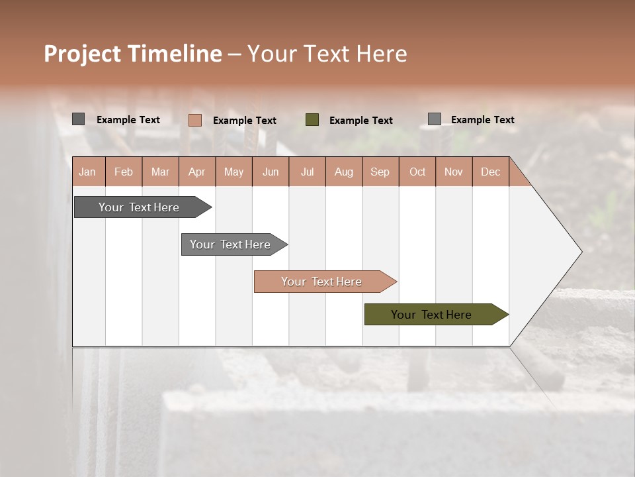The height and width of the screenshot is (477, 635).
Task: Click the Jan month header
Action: tap(87, 172)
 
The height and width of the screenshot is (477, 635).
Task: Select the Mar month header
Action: tap(160, 172)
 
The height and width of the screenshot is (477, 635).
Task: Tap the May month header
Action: tap(233, 172)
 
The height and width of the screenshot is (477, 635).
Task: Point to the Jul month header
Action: tap(307, 172)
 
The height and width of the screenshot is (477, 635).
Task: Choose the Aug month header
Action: tap(343, 172)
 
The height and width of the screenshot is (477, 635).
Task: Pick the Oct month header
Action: tap(417, 172)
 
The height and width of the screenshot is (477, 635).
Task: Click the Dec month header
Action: tap(490, 172)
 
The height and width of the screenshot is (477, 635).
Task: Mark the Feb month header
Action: tap(124, 172)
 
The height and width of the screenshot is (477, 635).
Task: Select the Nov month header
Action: tap(454, 172)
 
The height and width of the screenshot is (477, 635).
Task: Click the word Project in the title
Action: tap(83, 54)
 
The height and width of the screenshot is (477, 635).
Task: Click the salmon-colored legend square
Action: tap(195, 120)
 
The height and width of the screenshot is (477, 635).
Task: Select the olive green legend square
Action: tap(312, 120)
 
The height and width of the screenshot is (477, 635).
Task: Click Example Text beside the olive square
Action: tap(360, 121)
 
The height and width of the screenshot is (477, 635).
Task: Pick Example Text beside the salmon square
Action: tap(244, 121)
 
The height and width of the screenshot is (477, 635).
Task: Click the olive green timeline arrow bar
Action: tap(433, 315)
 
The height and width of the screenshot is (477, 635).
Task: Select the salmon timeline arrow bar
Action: tap(322, 282)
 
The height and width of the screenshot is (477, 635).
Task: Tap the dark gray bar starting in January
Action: tap(140, 207)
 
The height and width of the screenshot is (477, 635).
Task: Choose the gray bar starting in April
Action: tap(231, 244)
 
